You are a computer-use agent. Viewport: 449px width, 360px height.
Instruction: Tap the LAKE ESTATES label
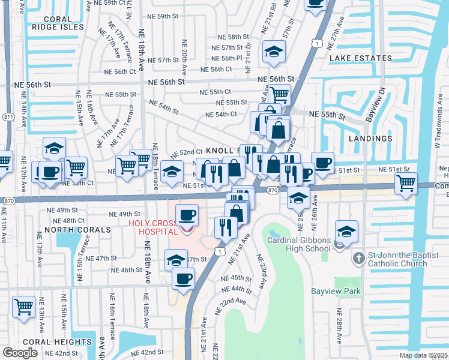coord(360,58)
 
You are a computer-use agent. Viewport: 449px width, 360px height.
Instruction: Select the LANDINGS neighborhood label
coord(370,138)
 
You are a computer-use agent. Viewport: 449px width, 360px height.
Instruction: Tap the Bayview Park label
coord(336,291)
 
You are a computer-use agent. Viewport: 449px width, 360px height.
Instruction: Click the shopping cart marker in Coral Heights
coord(23,307)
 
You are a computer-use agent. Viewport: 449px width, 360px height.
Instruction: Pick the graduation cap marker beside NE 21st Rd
coord(274,52)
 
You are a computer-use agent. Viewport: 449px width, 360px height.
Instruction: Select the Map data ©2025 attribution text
coord(424,355)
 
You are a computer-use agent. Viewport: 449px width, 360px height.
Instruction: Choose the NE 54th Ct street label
coord(221,115)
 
